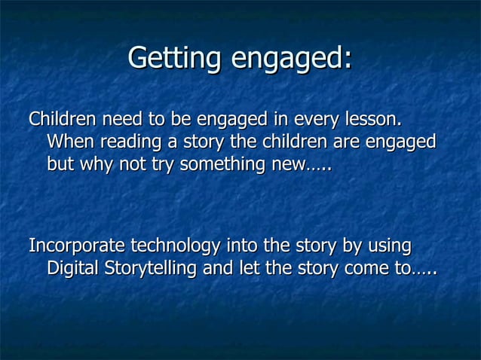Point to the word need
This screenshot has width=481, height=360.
(x=122, y=120)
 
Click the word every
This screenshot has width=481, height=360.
(x=317, y=120)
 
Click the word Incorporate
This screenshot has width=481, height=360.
(x=77, y=246)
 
